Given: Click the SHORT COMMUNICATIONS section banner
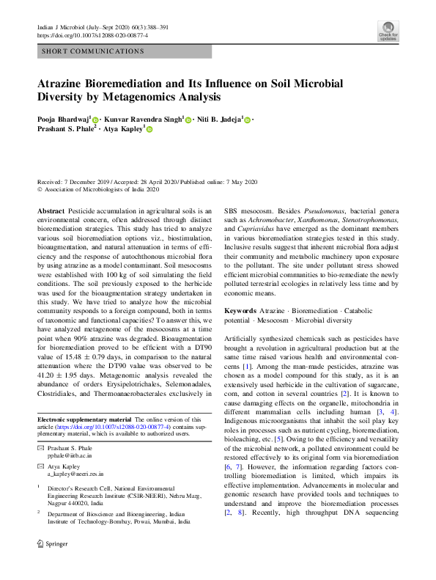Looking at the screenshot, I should tap(93, 51).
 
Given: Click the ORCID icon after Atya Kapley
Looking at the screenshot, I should tap(150, 129).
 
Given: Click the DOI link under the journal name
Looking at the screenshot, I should tap(92, 35).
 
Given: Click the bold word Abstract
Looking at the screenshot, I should tap(51, 210).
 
